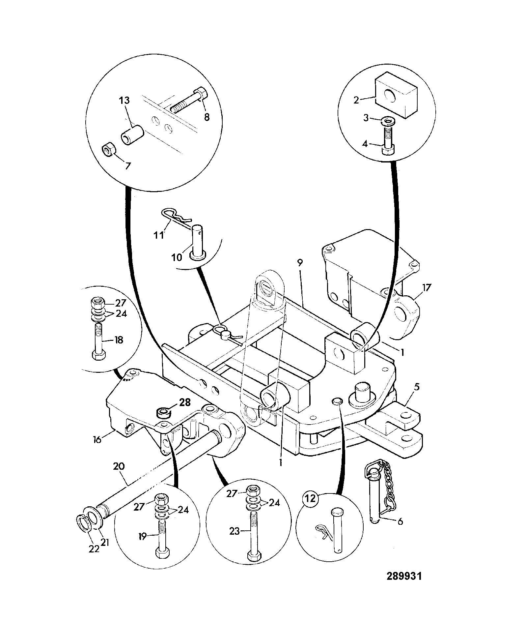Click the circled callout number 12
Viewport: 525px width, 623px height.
pos(310,508)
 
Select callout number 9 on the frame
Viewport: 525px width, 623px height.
pos(300,262)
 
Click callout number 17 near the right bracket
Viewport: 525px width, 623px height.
pos(426,287)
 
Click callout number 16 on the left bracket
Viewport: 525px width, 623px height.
pos(97,439)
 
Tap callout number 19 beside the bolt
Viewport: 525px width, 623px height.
pos(142,537)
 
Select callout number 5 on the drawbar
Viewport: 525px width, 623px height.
pos(417,387)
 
